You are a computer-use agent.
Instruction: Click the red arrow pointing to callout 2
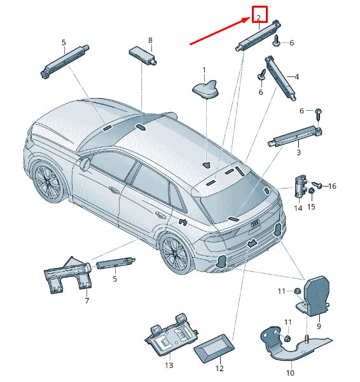pyautogui.click(x=220, y=31)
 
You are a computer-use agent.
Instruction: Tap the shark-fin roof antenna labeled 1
pyautogui.click(x=206, y=89)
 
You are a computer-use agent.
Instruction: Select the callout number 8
pyautogui.click(x=150, y=40)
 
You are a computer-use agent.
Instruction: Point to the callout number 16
pyautogui.click(x=332, y=186)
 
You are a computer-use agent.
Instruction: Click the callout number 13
pyautogui.click(x=169, y=365)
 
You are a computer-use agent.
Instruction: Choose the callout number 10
pyautogui.click(x=290, y=372)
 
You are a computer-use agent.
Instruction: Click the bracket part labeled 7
pyautogui.click(x=67, y=275)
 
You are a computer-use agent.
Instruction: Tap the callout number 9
pyautogui.click(x=319, y=326)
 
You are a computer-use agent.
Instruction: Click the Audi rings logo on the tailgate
pyautogui.click(x=255, y=222)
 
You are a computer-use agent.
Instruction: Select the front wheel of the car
pyautogui.click(x=48, y=181)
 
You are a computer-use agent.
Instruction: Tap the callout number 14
pyautogui.click(x=298, y=208)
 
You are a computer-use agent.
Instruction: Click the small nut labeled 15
pyautogui.click(x=311, y=191)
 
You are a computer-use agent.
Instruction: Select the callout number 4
pyautogui.click(x=296, y=77)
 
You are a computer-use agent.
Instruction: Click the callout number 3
pyautogui.click(x=298, y=153)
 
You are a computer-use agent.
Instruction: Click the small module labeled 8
pyautogui.click(x=142, y=56)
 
